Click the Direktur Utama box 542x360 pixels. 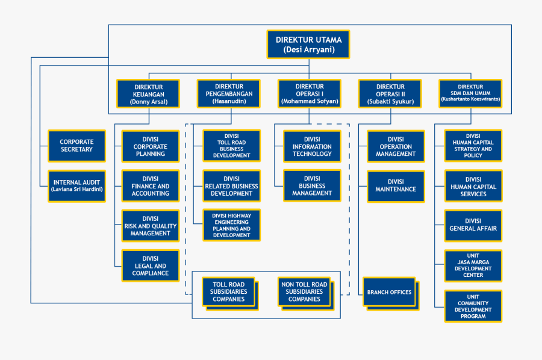coord(308,45)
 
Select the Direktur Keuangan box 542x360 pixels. coord(148,95)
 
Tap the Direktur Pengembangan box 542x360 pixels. coord(229,94)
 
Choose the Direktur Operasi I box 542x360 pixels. coord(310,94)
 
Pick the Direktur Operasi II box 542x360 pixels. coord(390,95)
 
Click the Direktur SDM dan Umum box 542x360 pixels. coord(470,93)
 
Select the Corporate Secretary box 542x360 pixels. coord(76,146)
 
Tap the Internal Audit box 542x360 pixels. coord(76,186)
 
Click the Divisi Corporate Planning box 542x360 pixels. coord(151,146)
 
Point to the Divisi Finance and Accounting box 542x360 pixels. coord(151,186)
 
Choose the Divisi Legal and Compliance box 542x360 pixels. coord(151,265)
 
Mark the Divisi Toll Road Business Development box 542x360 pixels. coord(231,146)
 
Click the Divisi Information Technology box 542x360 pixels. coord(312,146)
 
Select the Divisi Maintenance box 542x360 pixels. coord(396,186)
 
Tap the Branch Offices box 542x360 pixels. coord(388,292)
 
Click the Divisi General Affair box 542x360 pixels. coord(473,225)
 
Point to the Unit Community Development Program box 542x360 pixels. coord(473,306)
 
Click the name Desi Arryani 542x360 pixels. coord(308,51)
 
